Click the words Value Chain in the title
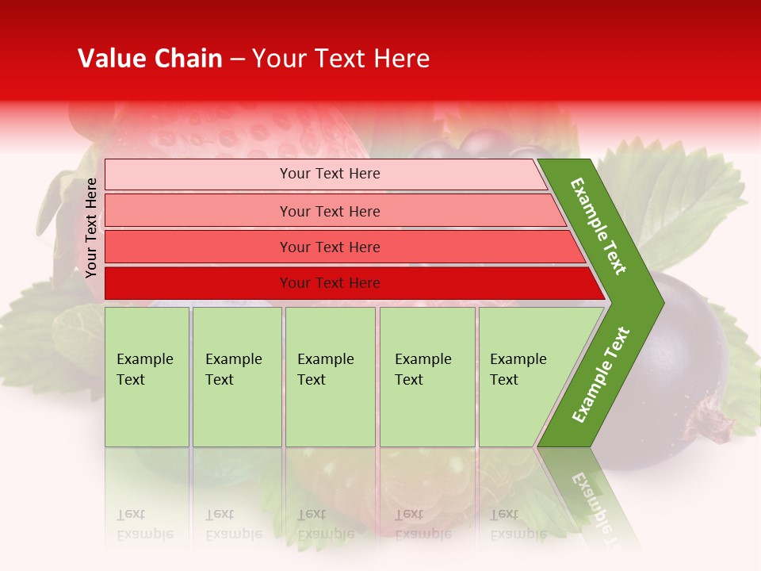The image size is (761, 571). [150, 59]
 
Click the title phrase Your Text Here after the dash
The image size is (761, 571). [341, 59]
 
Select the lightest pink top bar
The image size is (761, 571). [325, 174]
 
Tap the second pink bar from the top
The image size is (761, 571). [333, 211]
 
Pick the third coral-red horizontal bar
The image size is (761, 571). [341, 247]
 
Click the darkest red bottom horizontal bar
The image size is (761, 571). [349, 283]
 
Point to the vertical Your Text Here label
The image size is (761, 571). [91, 228]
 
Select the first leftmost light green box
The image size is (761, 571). [147, 377]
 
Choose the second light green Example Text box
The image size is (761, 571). [237, 377]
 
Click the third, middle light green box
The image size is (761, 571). [330, 377]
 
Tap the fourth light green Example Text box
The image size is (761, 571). [427, 377]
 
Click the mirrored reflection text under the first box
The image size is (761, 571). [145, 524]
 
